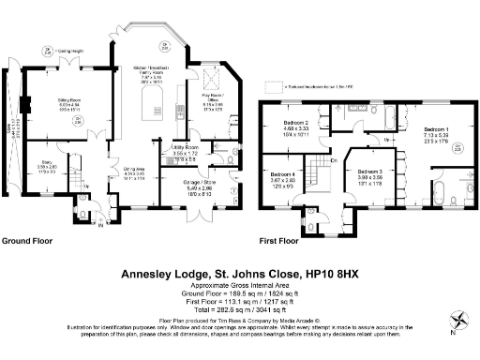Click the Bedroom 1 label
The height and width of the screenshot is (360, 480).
[x=437, y=128]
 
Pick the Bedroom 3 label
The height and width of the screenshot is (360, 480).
[x=369, y=172]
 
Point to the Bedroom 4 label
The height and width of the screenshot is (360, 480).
[x=283, y=175]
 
